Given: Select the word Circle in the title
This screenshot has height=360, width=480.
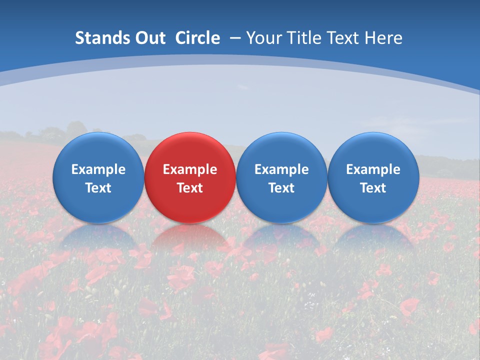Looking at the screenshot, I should click(x=197, y=38).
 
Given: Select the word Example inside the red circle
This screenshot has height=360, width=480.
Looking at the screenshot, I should click(x=190, y=169).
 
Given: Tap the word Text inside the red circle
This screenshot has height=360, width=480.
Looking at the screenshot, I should click(x=190, y=188).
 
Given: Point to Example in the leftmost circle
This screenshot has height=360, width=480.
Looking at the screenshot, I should click(x=98, y=169).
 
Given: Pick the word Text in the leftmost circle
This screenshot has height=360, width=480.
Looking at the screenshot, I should click(x=98, y=188).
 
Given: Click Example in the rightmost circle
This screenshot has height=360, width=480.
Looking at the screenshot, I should click(x=373, y=169).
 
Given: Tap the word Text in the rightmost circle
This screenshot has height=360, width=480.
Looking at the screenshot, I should click(x=373, y=188).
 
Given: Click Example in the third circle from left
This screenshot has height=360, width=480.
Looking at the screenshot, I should click(x=281, y=169).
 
